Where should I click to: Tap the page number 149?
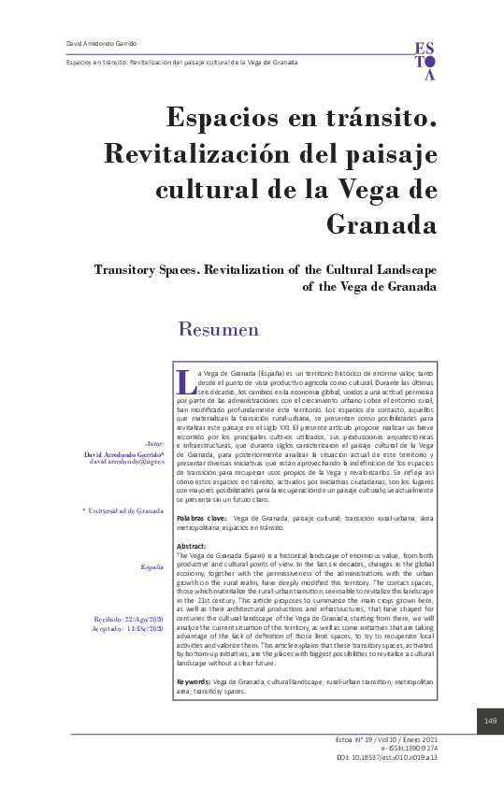[490, 720]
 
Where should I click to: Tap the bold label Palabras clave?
[201, 517]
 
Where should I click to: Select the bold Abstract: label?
[192, 545]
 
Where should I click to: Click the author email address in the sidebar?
[126, 462]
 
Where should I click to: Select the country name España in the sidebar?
[152, 567]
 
